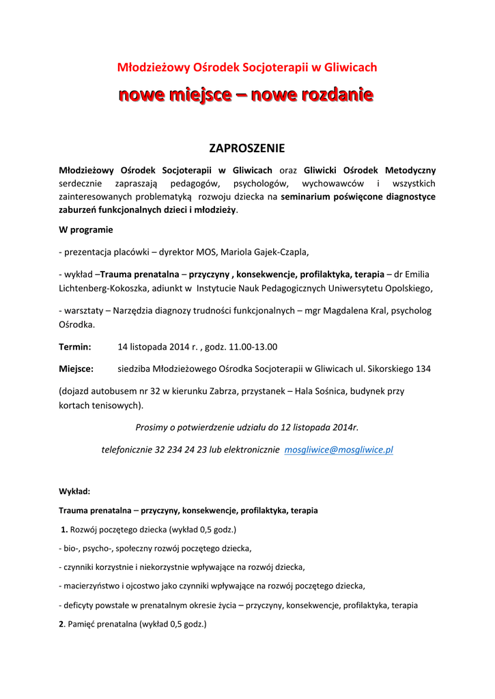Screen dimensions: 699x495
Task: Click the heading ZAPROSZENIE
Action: tap(246, 148)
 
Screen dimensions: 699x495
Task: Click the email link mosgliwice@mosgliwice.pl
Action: tap(338, 450)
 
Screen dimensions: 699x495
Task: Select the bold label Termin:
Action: tap(75, 346)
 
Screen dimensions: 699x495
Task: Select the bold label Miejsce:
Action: tap(76, 369)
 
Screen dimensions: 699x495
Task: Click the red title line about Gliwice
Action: tap(247, 67)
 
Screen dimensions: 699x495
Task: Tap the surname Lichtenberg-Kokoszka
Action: tap(103, 288)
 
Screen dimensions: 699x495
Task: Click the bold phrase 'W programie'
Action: tap(86, 229)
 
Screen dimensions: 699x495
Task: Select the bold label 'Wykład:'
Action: tap(74, 491)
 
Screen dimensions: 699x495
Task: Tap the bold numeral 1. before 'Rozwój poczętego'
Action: tap(64, 529)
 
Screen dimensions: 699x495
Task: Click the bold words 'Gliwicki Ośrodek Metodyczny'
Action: tap(369, 170)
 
